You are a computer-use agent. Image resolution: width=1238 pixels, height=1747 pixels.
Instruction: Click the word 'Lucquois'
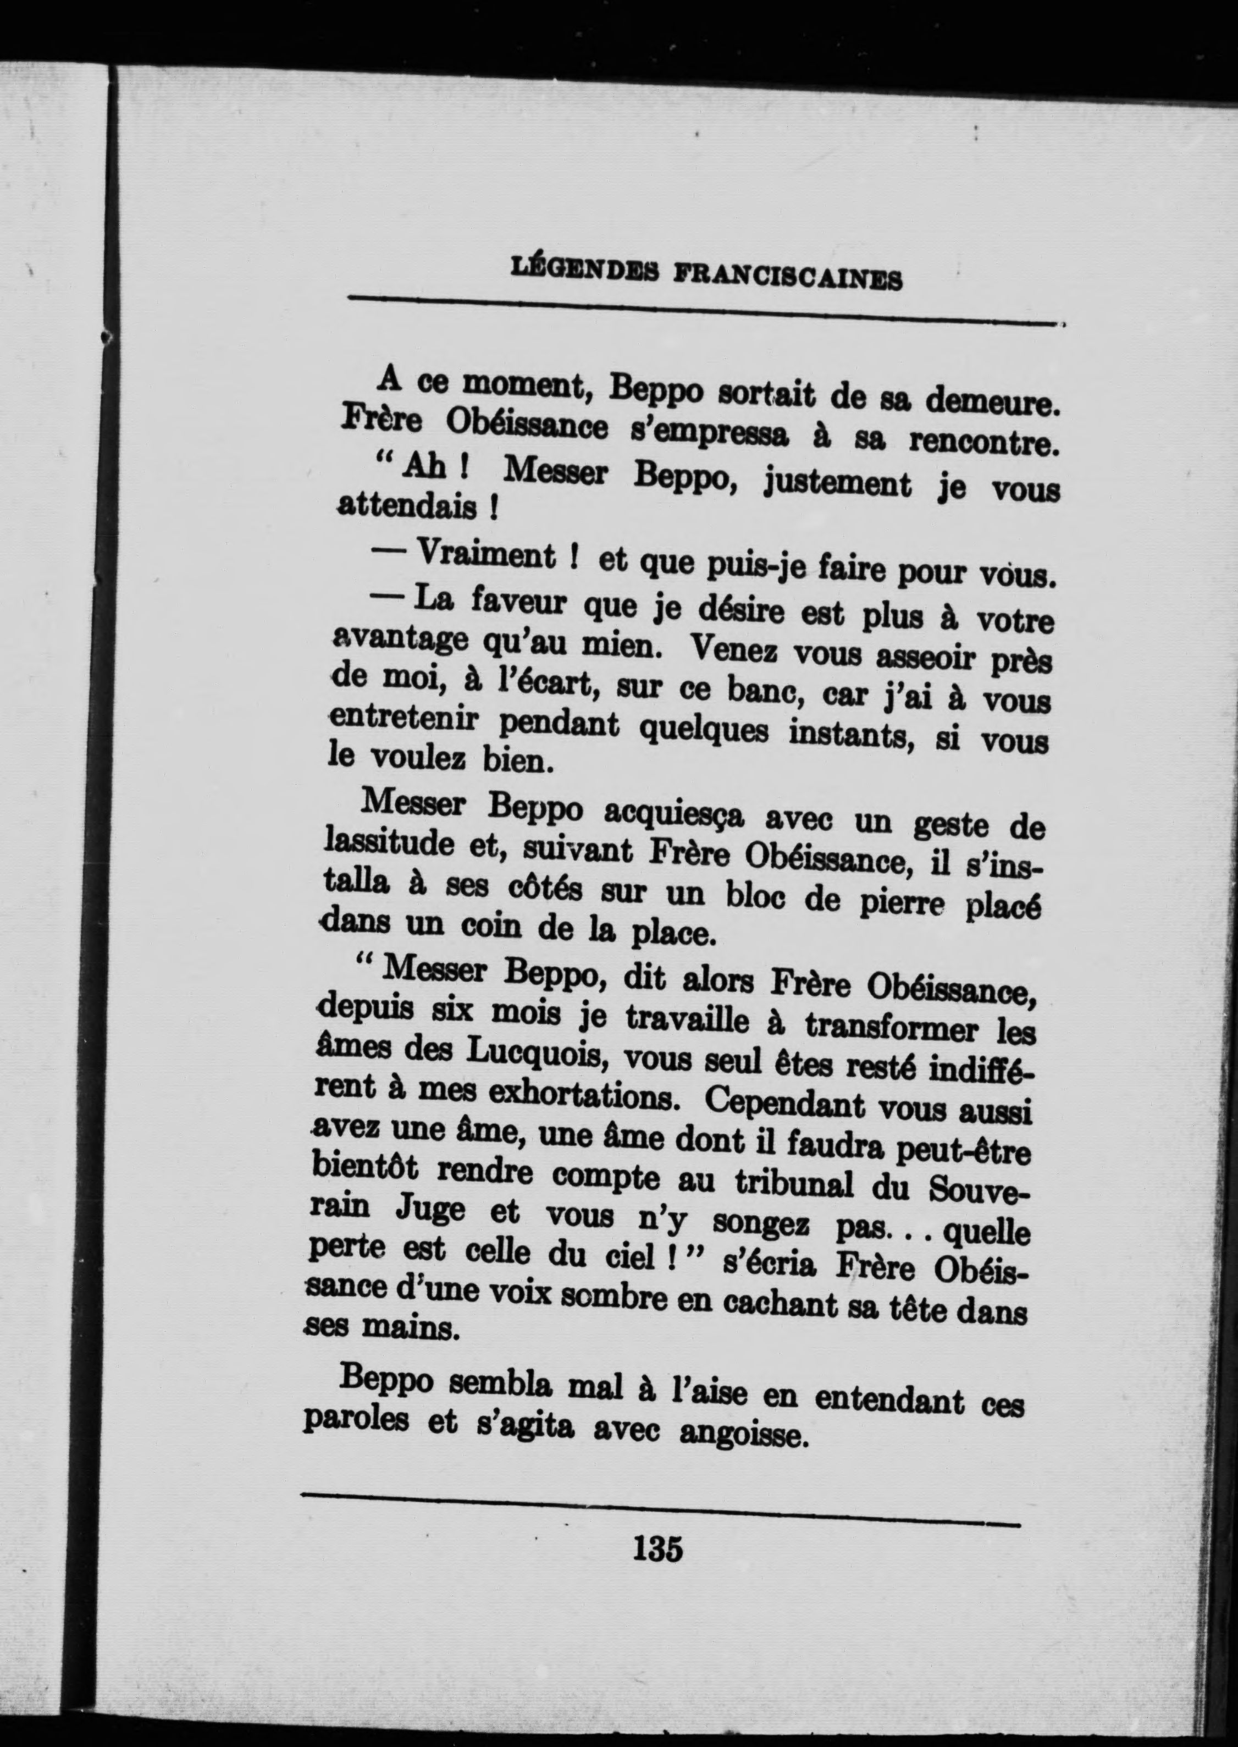528,1053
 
